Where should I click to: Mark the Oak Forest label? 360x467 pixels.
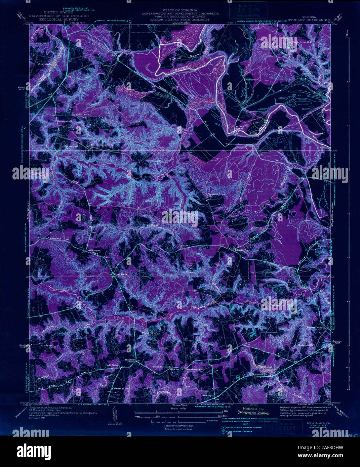pos(94,250)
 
